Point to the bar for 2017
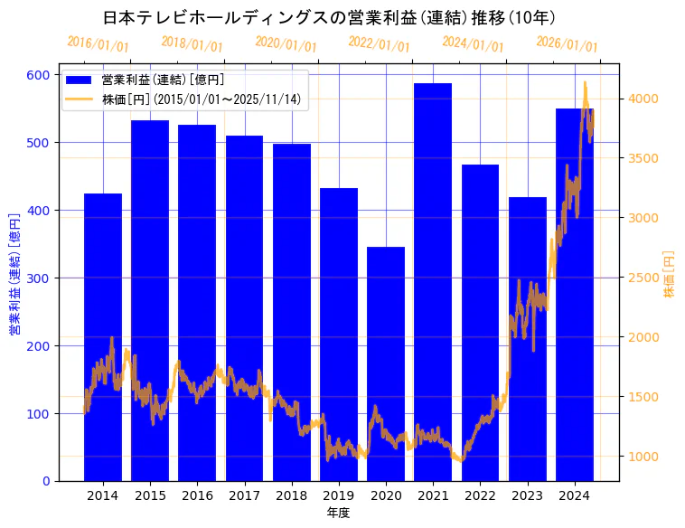pyautogui.click(x=244, y=308)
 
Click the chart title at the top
pyautogui.click(x=329, y=17)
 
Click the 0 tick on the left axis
pyautogui.click(x=46, y=481)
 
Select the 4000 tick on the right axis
pyautogui.click(x=644, y=99)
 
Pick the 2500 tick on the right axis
pyautogui.click(x=644, y=278)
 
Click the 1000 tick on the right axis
pyautogui.click(x=644, y=457)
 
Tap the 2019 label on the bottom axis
pyautogui.click(x=339, y=495)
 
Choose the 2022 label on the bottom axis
pyautogui.click(x=480, y=495)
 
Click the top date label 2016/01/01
pyautogui.click(x=98, y=43)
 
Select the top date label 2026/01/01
pyautogui.click(x=567, y=43)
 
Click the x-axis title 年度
pyautogui.click(x=339, y=513)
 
